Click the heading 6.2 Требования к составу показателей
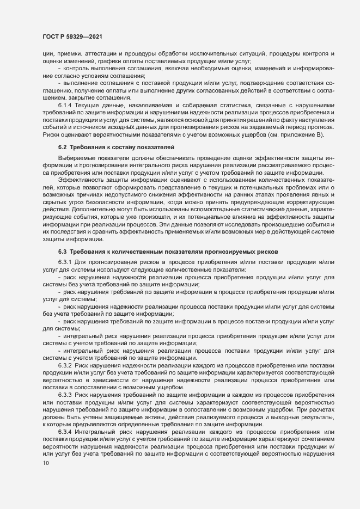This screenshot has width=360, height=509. point(117,147)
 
